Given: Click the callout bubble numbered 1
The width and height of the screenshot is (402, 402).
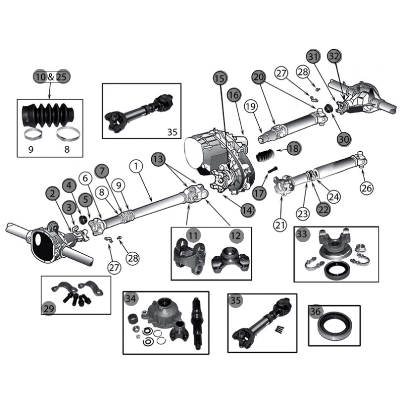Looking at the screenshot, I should [x=135, y=165].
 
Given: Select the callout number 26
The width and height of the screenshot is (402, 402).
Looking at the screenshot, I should [x=367, y=188].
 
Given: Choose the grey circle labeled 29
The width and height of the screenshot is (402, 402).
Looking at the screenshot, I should [x=49, y=309].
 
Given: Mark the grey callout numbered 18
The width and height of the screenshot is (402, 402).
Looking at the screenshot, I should [x=293, y=148].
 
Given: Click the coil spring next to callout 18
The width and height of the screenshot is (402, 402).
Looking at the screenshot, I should [x=265, y=156].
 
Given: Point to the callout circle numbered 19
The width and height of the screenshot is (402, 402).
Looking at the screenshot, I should [x=251, y=107].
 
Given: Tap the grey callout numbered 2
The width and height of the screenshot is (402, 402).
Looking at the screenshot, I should [x=52, y=193].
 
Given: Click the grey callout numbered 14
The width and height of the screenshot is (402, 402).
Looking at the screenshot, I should [x=245, y=212].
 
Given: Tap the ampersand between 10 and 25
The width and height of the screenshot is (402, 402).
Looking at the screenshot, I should [x=51, y=77].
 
